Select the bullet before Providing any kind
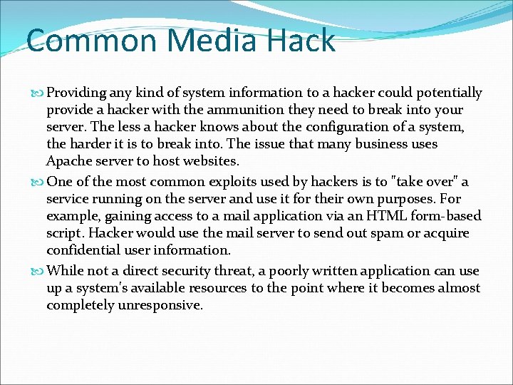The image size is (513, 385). click(x=39, y=93)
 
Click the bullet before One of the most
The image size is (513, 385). click(x=39, y=183)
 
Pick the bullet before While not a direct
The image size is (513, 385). click(x=39, y=272)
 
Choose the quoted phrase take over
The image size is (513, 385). click(x=425, y=182)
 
